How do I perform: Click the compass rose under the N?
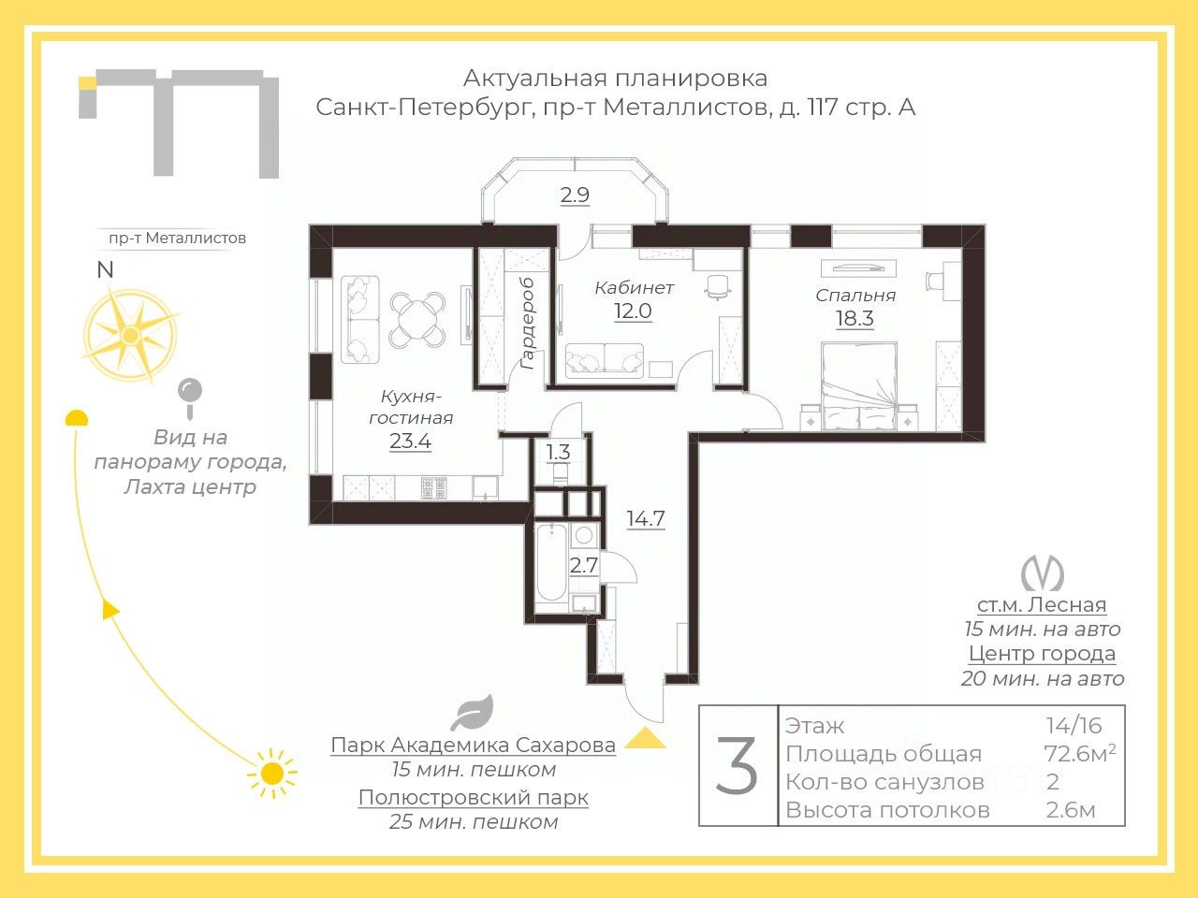[130, 334]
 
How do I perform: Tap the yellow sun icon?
[271, 774]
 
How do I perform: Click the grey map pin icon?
[190, 398]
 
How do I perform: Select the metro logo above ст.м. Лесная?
[1042, 573]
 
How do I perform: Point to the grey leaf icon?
[472, 713]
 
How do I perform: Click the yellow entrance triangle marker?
[645, 738]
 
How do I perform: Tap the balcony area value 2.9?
[575, 196]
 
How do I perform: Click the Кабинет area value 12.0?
[633, 311]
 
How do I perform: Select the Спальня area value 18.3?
[855, 318]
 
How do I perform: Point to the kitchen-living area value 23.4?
[411, 442]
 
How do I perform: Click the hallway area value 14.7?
[646, 518]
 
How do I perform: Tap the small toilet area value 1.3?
[559, 452]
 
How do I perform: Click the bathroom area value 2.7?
[583, 565]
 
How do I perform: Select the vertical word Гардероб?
[527, 324]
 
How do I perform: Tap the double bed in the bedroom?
[859, 386]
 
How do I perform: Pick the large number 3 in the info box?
[737, 765]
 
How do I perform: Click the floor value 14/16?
[1074, 726]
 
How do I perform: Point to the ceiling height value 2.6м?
[1071, 810]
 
